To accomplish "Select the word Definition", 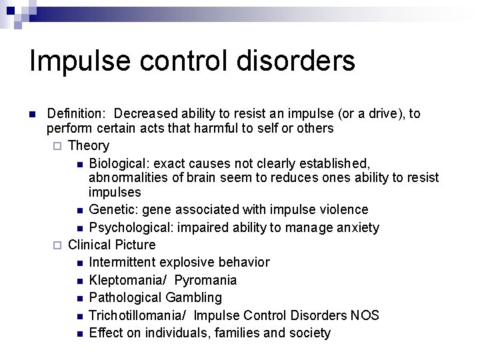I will pos(74,114).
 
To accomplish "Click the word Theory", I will pos(89,145).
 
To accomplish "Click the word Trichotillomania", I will pos(137,315).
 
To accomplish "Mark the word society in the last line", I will pos(307,332).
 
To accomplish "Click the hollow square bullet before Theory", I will pos(57,146).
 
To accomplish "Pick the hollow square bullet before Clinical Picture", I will pos(57,245).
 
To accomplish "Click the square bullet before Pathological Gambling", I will pos(79,298).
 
